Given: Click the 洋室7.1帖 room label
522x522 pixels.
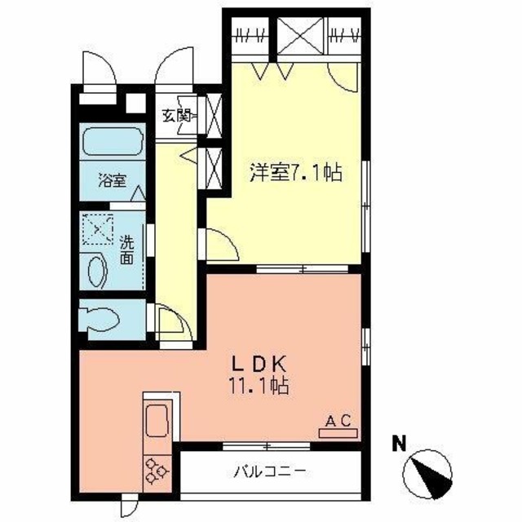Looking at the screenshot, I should [x=294, y=173].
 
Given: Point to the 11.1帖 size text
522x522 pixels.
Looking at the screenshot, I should [x=260, y=383].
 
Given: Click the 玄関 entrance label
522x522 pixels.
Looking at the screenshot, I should [x=174, y=116].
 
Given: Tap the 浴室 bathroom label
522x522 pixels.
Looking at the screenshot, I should [x=113, y=180].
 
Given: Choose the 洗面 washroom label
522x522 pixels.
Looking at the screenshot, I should [x=127, y=250].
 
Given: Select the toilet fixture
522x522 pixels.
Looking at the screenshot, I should [x=102, y=319].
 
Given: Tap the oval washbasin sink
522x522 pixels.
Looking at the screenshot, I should [x=97, y=270].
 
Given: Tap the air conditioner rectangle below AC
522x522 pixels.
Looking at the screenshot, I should [x=337, y=433].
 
